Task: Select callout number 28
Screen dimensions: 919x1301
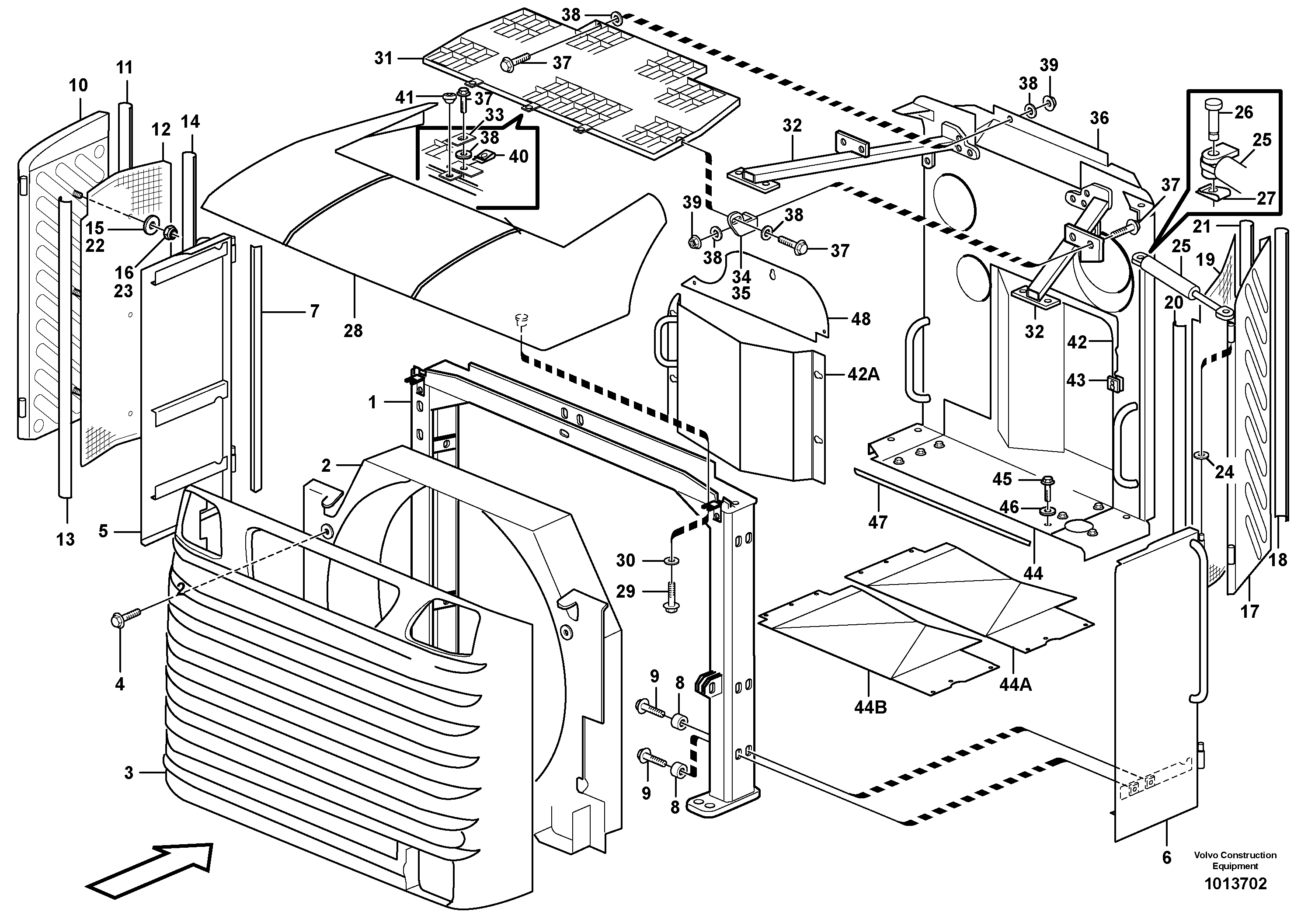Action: click(x=353, y=331)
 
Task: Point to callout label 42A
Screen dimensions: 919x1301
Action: click(x=863, y=374)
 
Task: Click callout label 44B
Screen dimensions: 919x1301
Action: click(x=870, y=707)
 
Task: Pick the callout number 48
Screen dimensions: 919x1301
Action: click(x=861, y=319)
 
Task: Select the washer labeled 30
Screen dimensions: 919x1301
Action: click(x=671, y=560)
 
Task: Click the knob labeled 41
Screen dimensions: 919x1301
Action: click(x=449, y=98)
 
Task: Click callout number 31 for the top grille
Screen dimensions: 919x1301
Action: click(x=384, y=58)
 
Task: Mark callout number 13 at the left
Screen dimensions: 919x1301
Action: click(x=66, y=539)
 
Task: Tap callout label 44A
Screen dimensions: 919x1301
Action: click(x=1016, y=684)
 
